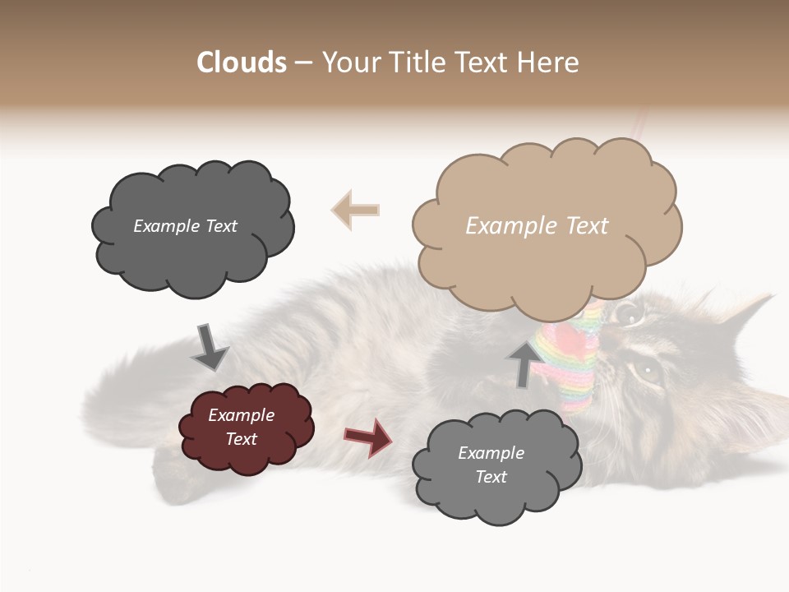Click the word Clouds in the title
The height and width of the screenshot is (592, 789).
point(241,62)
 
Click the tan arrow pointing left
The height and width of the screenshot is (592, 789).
point(355,210)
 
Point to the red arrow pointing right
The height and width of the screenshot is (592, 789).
point(368,437)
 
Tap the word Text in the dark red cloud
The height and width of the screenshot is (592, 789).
point(242,439)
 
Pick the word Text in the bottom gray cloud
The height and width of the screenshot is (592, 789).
point(491,477)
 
